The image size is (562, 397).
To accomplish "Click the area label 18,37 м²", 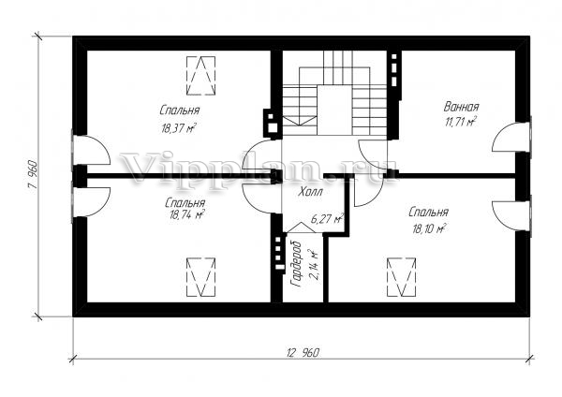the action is pyautogui.click(x=179, y=128).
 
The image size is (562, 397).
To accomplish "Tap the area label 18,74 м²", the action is pyautogui.click(x=185, y=214).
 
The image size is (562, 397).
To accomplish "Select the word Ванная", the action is pyautogui.click(x=461, y=107).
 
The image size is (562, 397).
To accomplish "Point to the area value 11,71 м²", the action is pyautogui.click(x=461, y=122).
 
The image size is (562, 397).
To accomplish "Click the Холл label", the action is pyautogui.click(x=310, y=192).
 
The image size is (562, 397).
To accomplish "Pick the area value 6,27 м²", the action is pyautogui.click(x=327, y=218).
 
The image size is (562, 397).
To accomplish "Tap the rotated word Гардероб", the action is pyautogui.click(x=297, y=264).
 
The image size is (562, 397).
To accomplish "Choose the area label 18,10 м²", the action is pyautogui.click(x=429, y=228).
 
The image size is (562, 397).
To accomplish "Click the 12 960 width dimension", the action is pyautogui.click(x=303, y=353).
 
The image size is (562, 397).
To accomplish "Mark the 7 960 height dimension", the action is pyautogui.click(x=33, y=176).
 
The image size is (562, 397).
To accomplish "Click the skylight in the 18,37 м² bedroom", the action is pyautogui.click(x=200, y=76).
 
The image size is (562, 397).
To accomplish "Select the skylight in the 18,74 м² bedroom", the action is pyautogui.click(x=201, y=277).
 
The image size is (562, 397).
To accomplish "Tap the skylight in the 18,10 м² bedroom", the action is pyautogui.click(x=402, y=277).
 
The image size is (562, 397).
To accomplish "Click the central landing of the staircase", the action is pyautogui.click(x=333, y=110).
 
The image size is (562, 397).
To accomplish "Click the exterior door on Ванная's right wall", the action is pyautogui.click(x=511, y=137).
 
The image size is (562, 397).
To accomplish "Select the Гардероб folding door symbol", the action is pyautogui.click(x=300, y=228).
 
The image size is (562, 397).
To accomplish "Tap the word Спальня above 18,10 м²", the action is pyautogui.click(x=428, y=213).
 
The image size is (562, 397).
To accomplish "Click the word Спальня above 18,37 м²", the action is pyautogui.click(x=180, y=110).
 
